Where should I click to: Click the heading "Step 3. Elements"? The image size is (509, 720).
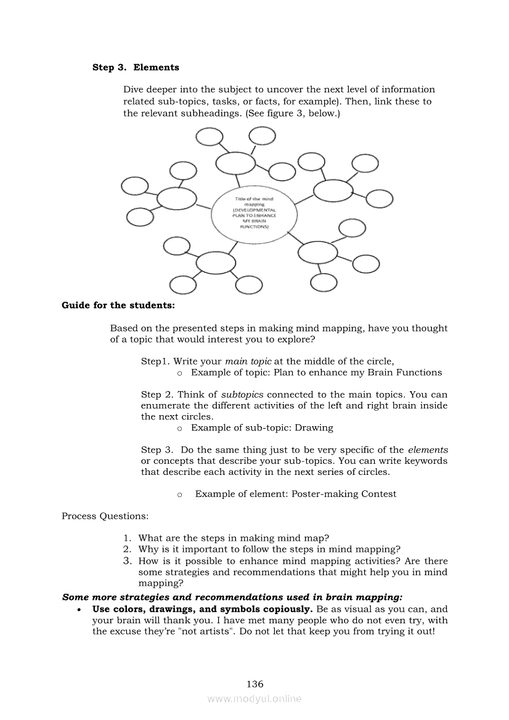(x=136, y=67)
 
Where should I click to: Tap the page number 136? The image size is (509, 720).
(x=254, y=684)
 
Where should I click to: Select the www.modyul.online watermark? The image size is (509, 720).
(x=254, y=698)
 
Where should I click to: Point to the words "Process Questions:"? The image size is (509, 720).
(x=105, y=516)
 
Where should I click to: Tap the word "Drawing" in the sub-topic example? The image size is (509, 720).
(x=314, y=427)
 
